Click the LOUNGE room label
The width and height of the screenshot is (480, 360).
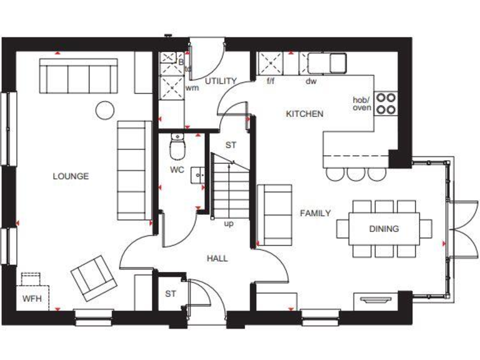pyautogui.click(x=71, y=176)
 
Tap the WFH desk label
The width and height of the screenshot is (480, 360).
pyautogui.click(x=31, y=299)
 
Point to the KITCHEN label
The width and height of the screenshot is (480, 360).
pyautogui.click(x=304, y=114)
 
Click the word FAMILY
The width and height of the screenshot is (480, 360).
pyautogui.click(x=315, y=213)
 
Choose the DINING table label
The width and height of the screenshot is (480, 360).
pyautogui.click(x=383, y=229)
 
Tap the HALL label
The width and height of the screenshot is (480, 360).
pyautogui.click(x=217, y=258)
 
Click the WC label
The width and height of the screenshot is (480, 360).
pyautogui.click(x=177, y=170)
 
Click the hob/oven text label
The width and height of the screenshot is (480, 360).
pyautogui.click(x=362, y=104)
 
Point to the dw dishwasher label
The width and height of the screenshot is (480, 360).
pyautogui.click(x=311, y=81)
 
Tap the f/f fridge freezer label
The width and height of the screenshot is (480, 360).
pyautogui.click(x=271, y=81)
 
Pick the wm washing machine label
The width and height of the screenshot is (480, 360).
pyautogui.click(x=192, y=87)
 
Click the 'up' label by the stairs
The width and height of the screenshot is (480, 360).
pyautogui.click(x=229, y=223)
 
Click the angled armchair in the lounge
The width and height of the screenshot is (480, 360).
pyautogui.click(x=94, y=278)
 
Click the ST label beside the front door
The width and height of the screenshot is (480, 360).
pyautogui.click(x=171, y=293)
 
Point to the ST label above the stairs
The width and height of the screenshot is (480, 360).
pyautogui.click(x=231, y=144)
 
